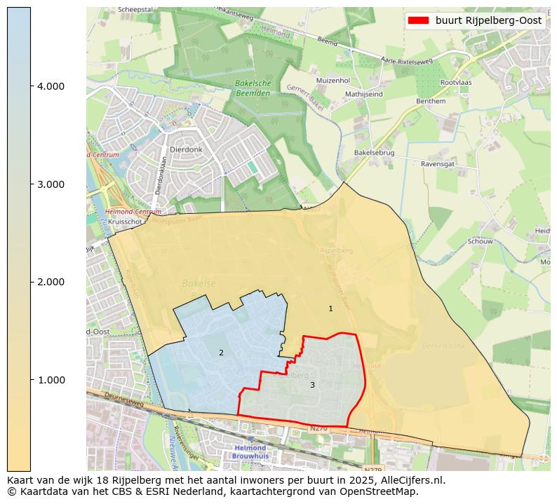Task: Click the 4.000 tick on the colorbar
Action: [x=51, y=86]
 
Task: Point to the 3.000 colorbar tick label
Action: [x=51, y=184]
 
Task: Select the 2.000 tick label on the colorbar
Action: [x=51, y=282]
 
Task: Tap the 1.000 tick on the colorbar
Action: [x=51, y=380]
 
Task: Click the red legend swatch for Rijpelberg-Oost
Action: [x=418, y=20]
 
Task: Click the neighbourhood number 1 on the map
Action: [x=330, y=308]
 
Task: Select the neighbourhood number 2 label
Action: [x=221, y=353]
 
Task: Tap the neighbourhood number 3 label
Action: [x=312, y=385]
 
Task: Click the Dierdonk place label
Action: [x=185, y=149]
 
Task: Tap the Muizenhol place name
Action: [x=333, y=81]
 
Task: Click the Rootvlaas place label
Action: [x=455, y=82]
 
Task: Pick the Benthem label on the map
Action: [x=431, y=101]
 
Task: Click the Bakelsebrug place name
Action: [x=375, y=152]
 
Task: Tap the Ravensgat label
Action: [x=438, y=164]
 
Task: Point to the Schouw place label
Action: [x=480, y=241]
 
